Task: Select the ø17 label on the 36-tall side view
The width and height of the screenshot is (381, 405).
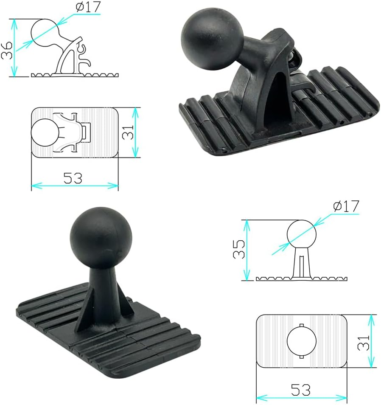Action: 88,8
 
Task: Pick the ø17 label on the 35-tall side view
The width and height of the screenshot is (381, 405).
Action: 346,207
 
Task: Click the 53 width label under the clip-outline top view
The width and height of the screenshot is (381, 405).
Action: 73,178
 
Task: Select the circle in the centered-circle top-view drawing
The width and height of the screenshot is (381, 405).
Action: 302,342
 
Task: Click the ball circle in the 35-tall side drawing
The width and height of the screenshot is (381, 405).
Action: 302,234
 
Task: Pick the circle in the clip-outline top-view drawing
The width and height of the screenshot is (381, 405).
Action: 44,132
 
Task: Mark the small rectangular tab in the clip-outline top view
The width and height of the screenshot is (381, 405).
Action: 87,132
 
